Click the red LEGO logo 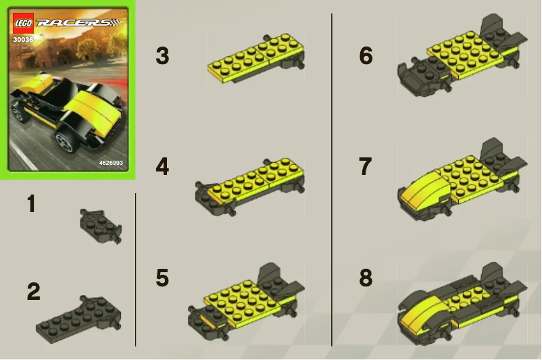coord(23,23)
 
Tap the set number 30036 coord(23,39)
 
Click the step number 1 coord(31,204)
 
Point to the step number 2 coord(33,292)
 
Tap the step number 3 coord(162,56)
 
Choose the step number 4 coord(162,166)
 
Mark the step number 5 coord(162,278)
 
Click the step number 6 coord(366,56)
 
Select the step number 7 coord(366,166)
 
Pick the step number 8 coord(366,278)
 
